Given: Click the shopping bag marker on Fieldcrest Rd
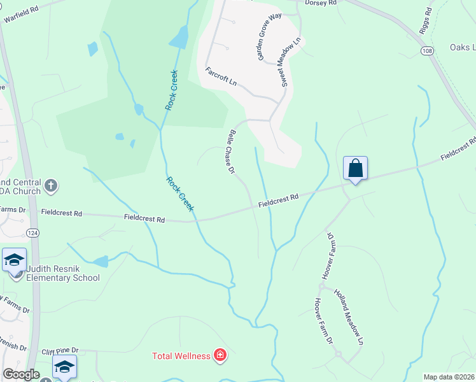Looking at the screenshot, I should pos(355,169).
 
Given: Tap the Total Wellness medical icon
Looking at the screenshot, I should pos(220,355).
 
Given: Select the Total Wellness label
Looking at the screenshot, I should pos(181,355).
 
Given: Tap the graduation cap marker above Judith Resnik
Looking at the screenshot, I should pos(14,260).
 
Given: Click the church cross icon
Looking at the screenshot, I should pos(51,187).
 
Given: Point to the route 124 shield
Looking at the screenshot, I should pos(32,233).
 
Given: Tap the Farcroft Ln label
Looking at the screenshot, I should pos(221,77).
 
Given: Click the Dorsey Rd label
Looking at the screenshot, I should pos(321,3).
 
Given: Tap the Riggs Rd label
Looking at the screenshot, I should pos(426,20).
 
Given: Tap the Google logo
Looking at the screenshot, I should pos(21,374).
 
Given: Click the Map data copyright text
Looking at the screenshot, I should pos(449,377).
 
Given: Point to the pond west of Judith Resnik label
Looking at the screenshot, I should pos(101,261).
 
